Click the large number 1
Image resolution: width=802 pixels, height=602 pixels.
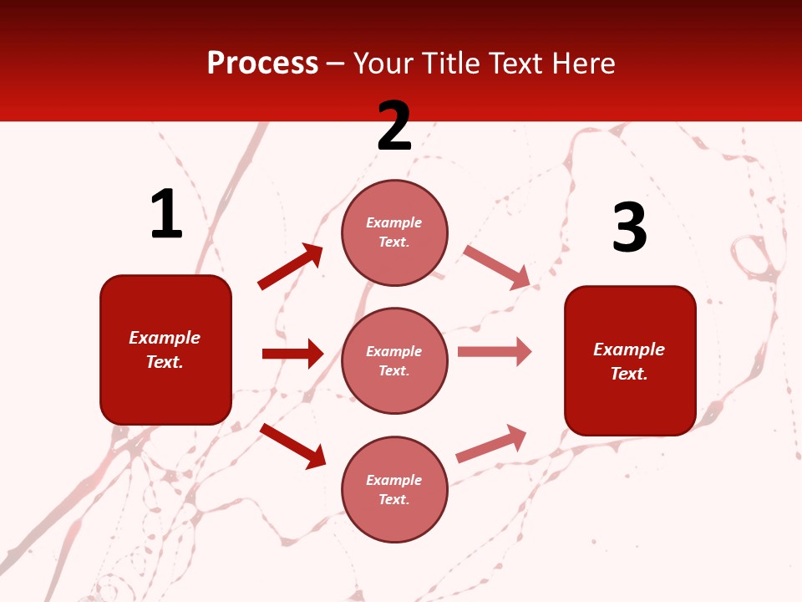point(166,215)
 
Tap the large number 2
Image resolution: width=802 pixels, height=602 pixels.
point(394,126)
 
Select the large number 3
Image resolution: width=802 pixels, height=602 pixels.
point(629,227)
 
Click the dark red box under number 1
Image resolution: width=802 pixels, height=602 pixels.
point(165,349)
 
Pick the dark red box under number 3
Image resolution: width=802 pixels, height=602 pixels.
point(630,360)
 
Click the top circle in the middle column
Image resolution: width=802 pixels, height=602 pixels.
point(394,232)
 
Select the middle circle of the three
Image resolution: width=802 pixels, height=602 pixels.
point(394,360)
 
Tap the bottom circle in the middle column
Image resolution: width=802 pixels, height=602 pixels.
point(394,489)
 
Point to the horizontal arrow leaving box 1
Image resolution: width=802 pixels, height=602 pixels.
point(292,354)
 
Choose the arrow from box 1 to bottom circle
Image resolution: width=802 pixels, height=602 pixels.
point(292,446)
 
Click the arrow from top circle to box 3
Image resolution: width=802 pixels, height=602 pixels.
point(496,267)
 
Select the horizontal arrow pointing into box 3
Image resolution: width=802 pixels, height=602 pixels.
point(495,352)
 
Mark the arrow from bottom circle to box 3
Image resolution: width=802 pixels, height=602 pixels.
point(491,444)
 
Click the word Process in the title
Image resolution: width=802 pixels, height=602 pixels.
point(262,63)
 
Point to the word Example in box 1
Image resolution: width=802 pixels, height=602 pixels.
point(165,338)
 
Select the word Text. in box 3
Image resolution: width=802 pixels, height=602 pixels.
point(629,374)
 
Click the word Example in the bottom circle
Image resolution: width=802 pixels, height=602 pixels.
point(394,480)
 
